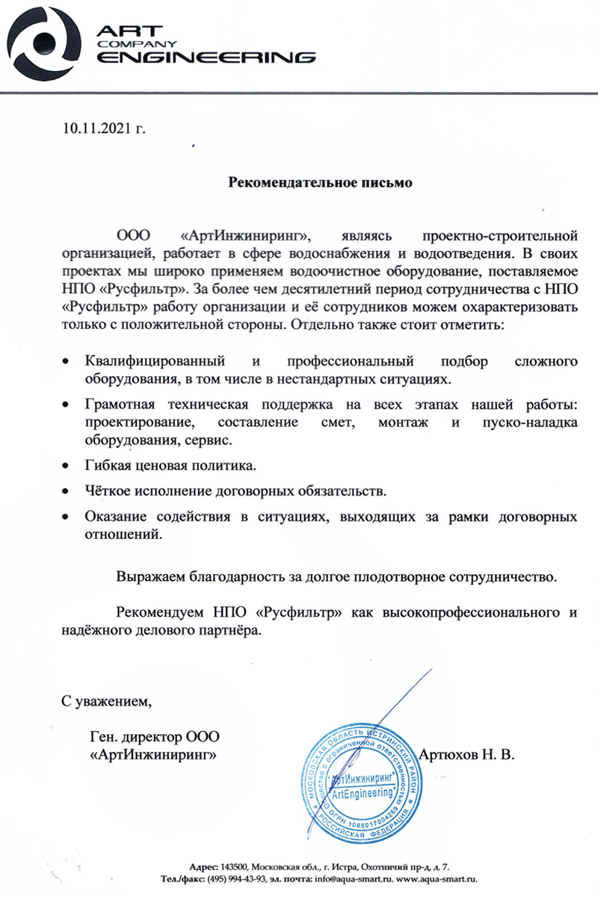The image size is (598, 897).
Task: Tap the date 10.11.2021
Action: (x=96, y=129)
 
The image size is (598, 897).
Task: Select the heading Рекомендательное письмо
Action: (x=320, y=182)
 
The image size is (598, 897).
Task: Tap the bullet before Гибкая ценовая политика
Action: (x=67, y=467)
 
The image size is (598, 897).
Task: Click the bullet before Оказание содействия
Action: (x=67, y=517)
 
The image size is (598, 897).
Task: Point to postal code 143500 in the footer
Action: (x=235, y=865)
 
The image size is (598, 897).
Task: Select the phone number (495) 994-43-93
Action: (x=237, y=878)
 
